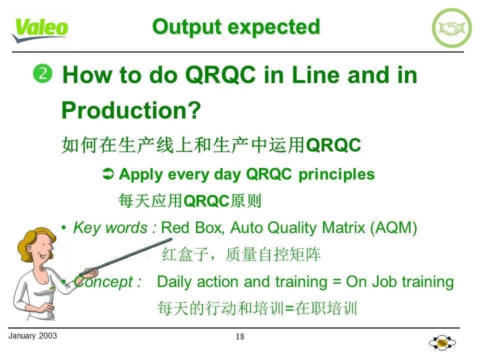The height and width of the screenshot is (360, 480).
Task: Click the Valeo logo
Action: (40, 29)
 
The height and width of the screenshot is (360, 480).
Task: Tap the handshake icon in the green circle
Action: (451, 28)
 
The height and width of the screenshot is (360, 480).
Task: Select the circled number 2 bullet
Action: (42, 74)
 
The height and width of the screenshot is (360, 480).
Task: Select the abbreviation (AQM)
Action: (393, 228)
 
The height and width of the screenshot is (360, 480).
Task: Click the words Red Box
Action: (193, 228)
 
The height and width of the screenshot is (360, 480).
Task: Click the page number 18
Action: (240, 336)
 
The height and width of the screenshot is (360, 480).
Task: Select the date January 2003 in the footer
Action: (33, 335)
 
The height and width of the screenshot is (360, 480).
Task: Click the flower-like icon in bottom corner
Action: (442, 343)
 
